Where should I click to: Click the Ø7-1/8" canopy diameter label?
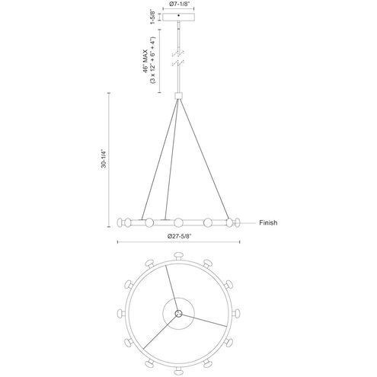coord(179,4)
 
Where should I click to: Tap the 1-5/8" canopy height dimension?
coord(153,17)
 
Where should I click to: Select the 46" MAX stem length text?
coord(145,61)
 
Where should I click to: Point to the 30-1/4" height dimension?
coord(104,158)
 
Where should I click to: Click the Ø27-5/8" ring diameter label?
coord(179,236)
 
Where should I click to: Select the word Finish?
coord(268,222)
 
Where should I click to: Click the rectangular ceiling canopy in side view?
coord(179,17)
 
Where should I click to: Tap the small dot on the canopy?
coord(179,15)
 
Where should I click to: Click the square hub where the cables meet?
coord(179,96)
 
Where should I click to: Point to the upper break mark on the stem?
coord(178,53)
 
